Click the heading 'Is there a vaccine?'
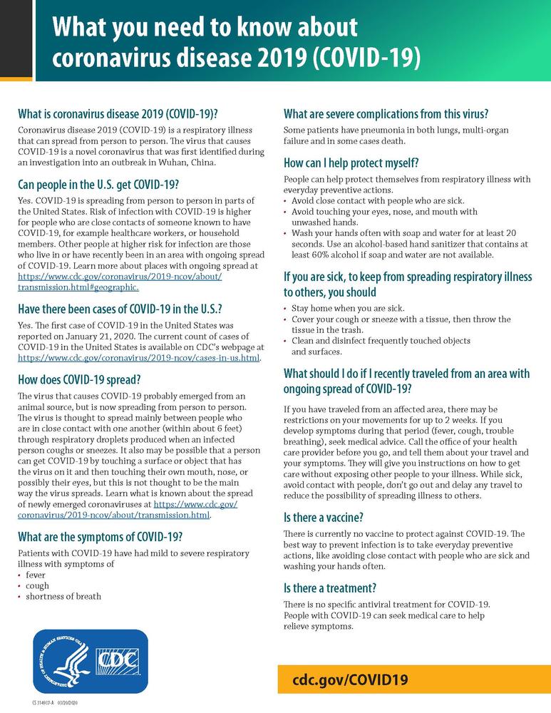(x=325, y=517)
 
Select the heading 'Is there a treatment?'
(x=329, y=588)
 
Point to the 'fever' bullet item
(x=36, y=574)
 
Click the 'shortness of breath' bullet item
(x=63, y=596)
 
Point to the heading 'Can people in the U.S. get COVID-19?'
(x=98, y=186)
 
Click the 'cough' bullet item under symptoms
(x=37, y=585)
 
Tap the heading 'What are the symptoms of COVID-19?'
(x=99, y=536)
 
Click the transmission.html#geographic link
(x=78, y=287)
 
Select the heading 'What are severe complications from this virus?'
(x=386, y=113)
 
